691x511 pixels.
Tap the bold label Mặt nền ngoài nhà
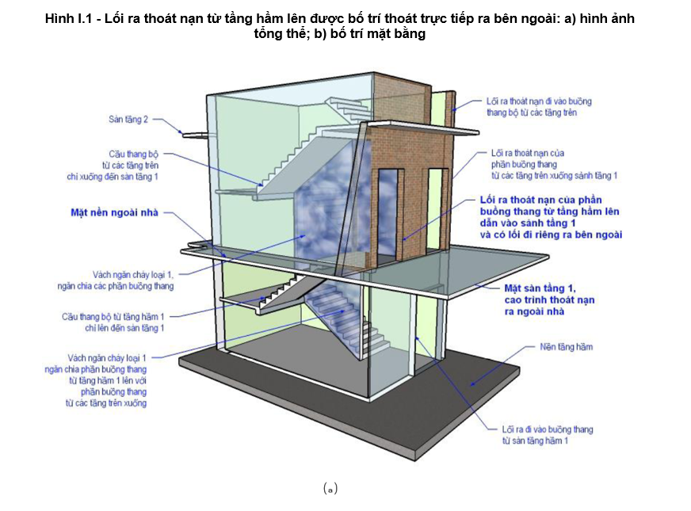click(114, 212)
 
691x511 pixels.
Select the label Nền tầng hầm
click(567, 347)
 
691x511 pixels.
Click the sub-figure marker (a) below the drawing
click(330, 489)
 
